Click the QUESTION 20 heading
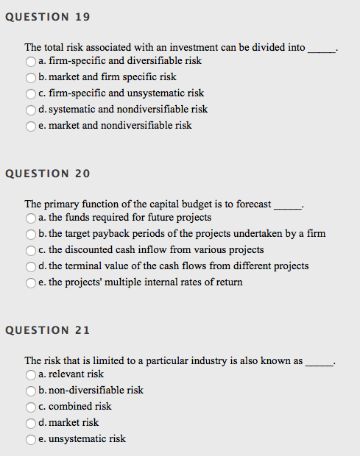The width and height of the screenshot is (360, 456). (x=47, y=174)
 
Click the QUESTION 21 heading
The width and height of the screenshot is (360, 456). (x=47, y=329)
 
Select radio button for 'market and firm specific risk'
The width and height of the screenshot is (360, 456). (x=31, y=77)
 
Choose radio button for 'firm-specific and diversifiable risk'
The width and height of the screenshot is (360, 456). (x=31, y=61)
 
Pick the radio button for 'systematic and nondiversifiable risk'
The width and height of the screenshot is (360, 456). (x=31, y=110)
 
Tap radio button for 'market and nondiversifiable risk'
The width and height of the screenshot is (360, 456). (x=31, y=126)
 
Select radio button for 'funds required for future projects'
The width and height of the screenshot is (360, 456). (x=31, y=218)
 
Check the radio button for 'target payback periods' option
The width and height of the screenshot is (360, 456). (x=31, y=234)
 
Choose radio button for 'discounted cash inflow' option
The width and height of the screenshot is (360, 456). (x=31, y=250)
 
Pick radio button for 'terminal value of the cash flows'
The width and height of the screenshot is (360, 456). (x=31, y=266)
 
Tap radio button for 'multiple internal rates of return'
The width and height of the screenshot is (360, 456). (x=31, y=282)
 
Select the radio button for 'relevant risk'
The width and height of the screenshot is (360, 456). (x=31, y=374)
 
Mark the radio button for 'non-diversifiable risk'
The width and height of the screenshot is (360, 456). (x=31, y=391)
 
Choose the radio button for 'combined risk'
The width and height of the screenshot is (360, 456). (x=31, y=407)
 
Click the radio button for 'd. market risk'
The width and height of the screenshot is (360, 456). (x=31, y=423)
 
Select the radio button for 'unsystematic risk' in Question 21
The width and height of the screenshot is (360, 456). (x=31, y=439)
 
